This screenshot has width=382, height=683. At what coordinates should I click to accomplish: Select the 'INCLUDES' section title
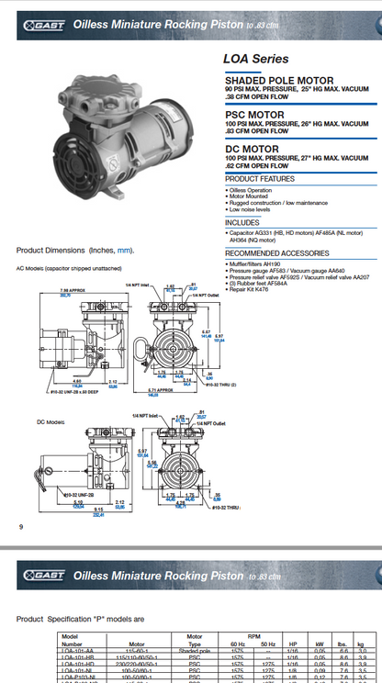[242, 222]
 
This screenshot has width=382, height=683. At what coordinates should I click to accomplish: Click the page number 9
[20, 526]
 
